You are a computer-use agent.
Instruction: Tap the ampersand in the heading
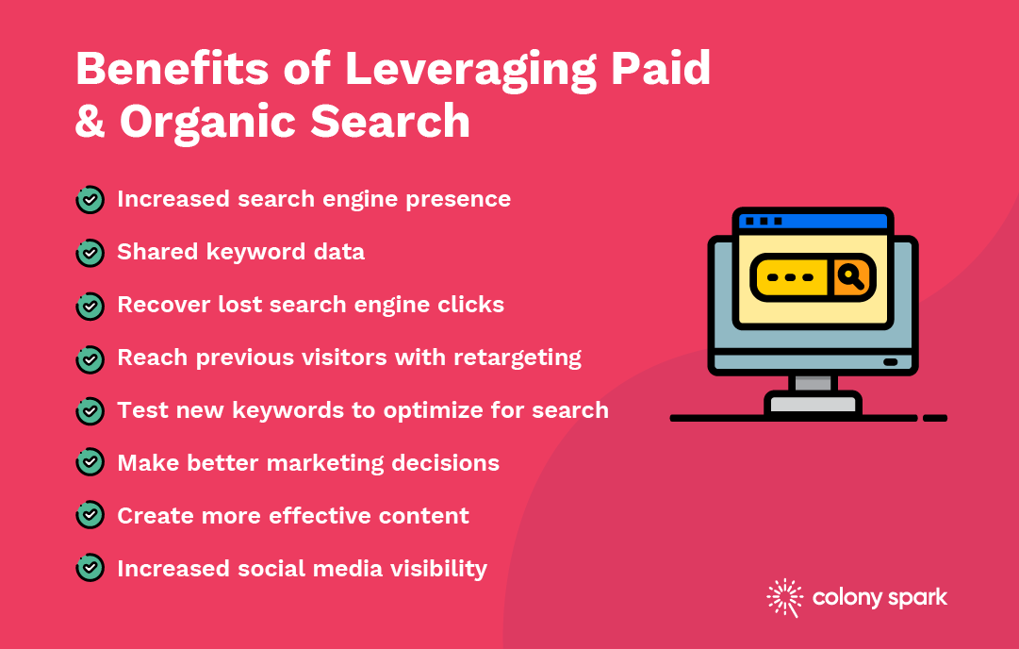(90, 121)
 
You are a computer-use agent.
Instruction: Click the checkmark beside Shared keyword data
(90, 252)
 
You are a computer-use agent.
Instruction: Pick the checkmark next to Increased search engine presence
(90, 200)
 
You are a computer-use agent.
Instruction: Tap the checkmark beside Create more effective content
(90, 515)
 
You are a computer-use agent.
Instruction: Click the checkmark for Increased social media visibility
(90, 568)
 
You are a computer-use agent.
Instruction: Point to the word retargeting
(518, 358)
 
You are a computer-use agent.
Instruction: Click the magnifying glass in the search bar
(850, 277)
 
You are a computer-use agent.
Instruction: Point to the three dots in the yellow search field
(790, 277)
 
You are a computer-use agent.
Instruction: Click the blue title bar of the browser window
(813, 221)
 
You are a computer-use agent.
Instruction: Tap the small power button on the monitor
(890, 362)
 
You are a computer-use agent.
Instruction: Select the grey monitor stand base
(813, 403)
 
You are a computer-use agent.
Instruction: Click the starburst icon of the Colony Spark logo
(785, 597)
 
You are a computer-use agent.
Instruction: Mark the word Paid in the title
(661, 68)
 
